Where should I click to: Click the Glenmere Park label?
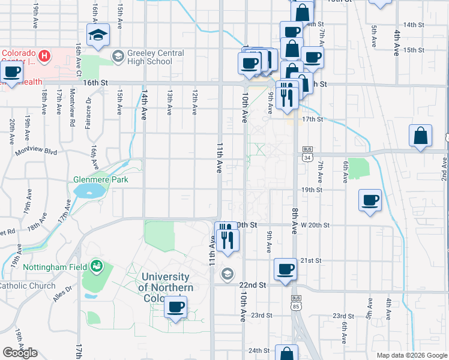101,179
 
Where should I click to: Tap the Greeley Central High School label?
150,57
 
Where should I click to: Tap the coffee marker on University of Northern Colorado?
175,308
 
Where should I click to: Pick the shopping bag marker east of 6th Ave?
421,136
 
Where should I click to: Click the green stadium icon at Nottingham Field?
95,266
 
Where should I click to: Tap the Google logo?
20,353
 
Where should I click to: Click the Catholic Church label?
27,286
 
